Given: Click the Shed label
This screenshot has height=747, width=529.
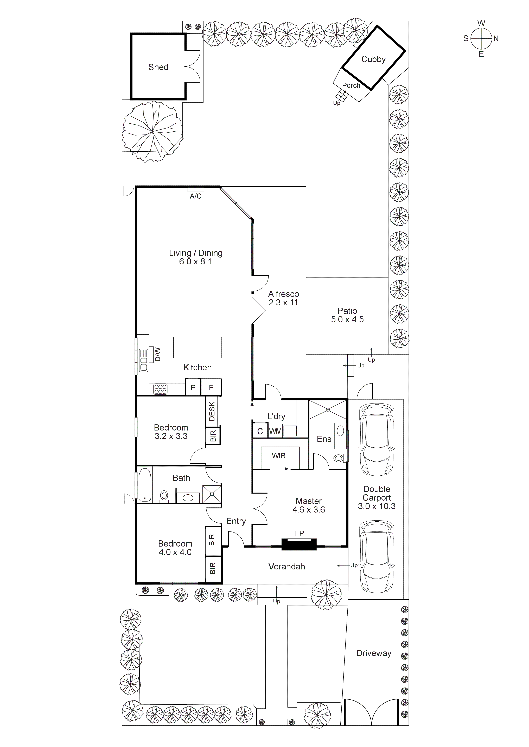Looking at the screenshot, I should pyautogui.click(x=158, y=67).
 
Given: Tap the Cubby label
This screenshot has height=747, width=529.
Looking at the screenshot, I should pyautogui.click(x=373, y=59).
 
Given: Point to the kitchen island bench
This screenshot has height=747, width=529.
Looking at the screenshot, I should pyautogui.click(x=197, y=347).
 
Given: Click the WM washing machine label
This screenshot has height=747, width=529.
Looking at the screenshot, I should pyautogui.click(x=275, y=431).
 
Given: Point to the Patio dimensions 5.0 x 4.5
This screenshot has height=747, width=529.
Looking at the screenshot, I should pyautogui.click(x=347, y=319).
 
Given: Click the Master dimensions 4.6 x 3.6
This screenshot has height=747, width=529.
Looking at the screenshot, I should pyautogui.click(x=308, y=510).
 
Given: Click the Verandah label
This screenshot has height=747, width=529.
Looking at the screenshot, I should pyautogui.click(x=287, y=566).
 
